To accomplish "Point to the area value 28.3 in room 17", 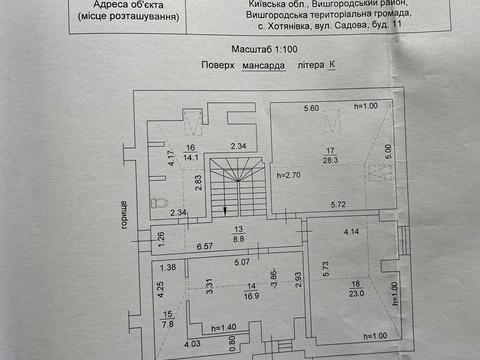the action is [x=328, y=157].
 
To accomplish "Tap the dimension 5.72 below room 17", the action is [x=340, y=205].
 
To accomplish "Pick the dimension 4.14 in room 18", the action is [x=352, y=232].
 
